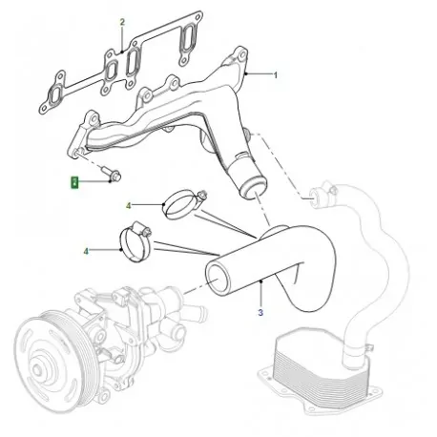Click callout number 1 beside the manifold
pyautogui.click(x=277, y=73)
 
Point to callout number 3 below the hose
pyautogui.click(x=259, y=311)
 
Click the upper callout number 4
pyautogui.click(x=129, y=205)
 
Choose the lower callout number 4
pyautogui.click(x=86, y=251)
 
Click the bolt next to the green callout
pyautogui.click(x=107, y=175)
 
